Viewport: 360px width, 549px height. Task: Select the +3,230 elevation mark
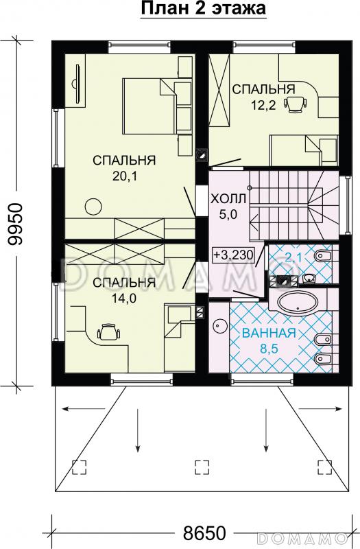pos(234,255)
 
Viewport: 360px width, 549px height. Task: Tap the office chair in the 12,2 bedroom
pos(295,103)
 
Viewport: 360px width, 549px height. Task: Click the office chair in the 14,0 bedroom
pos(108,333)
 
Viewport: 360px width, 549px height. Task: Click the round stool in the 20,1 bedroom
pos(92,205)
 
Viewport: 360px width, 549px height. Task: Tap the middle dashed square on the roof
pos(202,467)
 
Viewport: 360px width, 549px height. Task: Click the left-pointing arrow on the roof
pos(75,410)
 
